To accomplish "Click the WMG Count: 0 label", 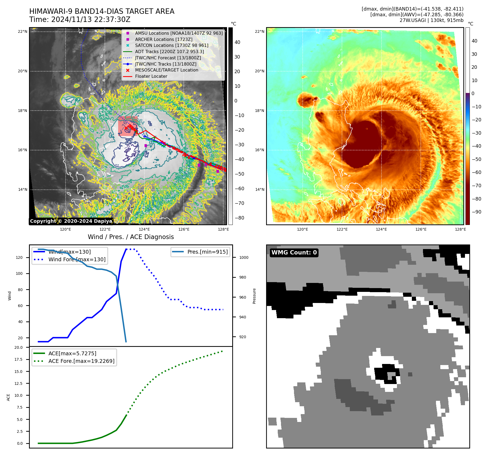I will click(x=294, y=253).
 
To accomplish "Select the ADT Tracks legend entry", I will click(x=169, y=51).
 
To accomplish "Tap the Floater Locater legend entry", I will click(x=151, y=76).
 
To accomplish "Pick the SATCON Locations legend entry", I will click(x=172, y=45).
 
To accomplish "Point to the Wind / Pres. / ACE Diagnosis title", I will click(x=131, y=237).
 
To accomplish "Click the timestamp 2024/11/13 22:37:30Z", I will click(x=91, y=20).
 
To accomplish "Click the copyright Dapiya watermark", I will click(x=71, y=221).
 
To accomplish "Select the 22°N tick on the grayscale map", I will click(x=22, y=32).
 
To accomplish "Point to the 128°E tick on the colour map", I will click(x=460, y=229).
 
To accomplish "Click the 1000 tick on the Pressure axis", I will click(x=244, y=257).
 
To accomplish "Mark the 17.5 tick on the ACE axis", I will click(x=18, y=359).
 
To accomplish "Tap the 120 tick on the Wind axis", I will click(x=19, y=257).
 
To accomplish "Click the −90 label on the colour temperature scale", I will click(x=476, y=212).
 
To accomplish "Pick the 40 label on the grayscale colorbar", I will click(x=237, y=42).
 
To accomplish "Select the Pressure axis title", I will click(x=254, y=296).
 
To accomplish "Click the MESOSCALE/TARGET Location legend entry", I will click(x=166, y=70).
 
